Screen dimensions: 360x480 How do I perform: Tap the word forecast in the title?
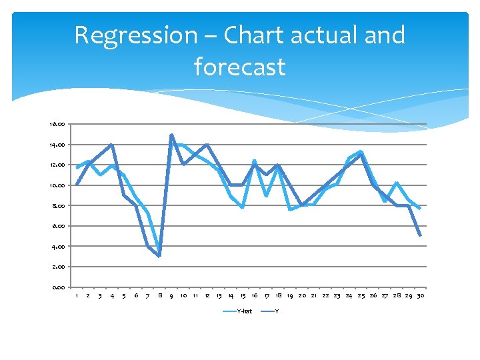pos(239,67)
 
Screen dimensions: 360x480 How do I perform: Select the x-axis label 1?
pos(77,295)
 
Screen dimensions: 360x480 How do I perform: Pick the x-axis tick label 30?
pos(421,295)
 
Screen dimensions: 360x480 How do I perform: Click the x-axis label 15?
pos(243,295)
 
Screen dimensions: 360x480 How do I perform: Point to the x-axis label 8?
pos(160,295)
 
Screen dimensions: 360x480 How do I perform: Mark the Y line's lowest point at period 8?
pos(160,256)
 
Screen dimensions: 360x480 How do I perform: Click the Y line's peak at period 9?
pos(171,135)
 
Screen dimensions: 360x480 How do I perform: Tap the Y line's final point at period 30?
pos(421,235)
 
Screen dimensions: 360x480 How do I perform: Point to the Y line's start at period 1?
pos(77,185)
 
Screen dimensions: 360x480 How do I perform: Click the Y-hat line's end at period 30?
pos(421,209)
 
